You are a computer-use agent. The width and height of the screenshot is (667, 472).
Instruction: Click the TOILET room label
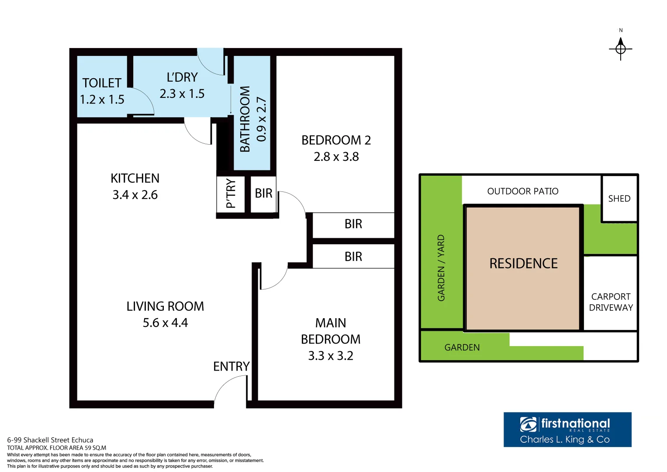tap(102, 83)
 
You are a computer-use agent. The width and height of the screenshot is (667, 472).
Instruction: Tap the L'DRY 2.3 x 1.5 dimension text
tap(182, 94)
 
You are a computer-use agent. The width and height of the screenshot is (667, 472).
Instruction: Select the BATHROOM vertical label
tap(245, 119)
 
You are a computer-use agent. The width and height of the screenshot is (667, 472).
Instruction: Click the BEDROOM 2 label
tap(336, 140)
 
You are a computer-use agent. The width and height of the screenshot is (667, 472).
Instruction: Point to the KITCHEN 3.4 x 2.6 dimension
tap(135, 195)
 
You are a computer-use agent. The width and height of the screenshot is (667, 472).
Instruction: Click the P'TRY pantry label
tap(231, 194)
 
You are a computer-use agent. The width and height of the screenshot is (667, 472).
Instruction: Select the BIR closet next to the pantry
tap(263, 193)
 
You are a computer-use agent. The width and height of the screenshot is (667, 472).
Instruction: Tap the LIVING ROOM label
tap(165, 306)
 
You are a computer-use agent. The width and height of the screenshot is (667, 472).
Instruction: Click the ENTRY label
tap(231, 366)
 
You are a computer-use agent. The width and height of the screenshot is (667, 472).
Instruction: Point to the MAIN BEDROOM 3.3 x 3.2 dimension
tap(331, 356)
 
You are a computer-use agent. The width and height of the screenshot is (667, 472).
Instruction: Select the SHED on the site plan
tap(619, 199)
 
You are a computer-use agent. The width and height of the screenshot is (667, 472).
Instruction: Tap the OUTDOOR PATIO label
tap(522, 191)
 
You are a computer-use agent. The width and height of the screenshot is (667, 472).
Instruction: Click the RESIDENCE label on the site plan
tap(523, 264)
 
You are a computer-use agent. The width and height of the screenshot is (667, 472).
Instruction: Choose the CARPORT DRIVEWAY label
tap(611, 302)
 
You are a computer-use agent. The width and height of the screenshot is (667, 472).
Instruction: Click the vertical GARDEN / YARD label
tap(441, 268)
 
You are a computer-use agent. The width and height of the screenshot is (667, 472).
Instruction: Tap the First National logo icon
tap(528, 424)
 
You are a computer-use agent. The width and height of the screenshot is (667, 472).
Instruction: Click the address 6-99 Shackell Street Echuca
tap(50, 440)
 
